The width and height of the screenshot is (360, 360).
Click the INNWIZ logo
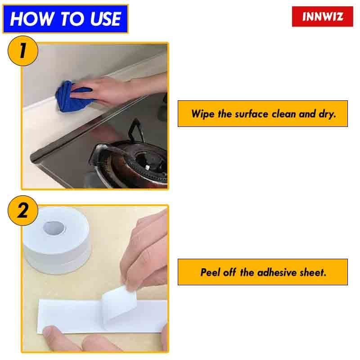coord(323,17)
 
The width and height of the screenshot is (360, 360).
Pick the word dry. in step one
coord(327,113)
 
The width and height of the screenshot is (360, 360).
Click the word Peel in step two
coord(210,272)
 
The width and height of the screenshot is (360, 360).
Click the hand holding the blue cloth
coord(108,90)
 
